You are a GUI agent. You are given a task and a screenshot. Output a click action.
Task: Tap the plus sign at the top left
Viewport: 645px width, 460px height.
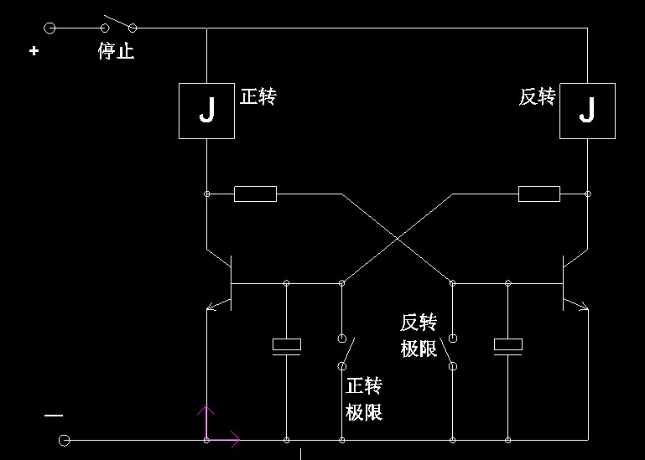click(x=34, y=51)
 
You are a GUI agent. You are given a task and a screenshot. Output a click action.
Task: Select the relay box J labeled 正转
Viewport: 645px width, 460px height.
click(x=206, y=111)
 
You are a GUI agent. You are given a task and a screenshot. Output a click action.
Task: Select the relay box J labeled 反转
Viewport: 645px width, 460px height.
click(x=587, y=111)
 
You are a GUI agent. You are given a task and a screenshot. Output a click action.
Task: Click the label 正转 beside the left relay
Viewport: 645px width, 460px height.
click(x=258, y=96)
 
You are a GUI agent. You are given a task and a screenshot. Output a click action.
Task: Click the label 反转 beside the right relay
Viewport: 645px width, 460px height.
click(x=537, y=97)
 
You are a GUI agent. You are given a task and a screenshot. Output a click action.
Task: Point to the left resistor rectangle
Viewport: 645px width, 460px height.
click(x=255, y=194)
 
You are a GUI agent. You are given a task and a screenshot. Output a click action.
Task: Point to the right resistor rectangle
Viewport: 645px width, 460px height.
click(x=539, y=194)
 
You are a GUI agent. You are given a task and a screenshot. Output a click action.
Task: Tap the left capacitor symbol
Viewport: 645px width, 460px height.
click(x=287, y=345)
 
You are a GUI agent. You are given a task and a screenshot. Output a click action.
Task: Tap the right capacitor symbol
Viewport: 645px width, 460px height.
click(x=507, y=345)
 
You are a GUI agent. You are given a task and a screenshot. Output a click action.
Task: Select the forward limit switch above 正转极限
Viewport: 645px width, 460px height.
click(x=346, y=352)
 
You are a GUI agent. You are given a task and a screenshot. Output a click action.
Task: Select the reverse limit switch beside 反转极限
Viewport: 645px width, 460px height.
click(x=451, y=352)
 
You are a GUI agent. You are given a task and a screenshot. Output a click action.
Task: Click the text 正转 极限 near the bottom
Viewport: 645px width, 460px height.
click(x=364, y=399)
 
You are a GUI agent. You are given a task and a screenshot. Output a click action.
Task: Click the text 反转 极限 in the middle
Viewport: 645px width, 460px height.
click(x=419, y=335)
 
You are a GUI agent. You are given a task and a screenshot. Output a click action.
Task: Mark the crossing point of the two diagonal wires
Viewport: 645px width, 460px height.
click(x=397, y=237)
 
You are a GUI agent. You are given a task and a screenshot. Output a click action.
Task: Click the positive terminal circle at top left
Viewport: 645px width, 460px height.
click(x=49, y=28)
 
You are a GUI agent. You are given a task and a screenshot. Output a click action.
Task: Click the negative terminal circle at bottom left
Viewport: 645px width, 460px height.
click(x=64, y=440)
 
